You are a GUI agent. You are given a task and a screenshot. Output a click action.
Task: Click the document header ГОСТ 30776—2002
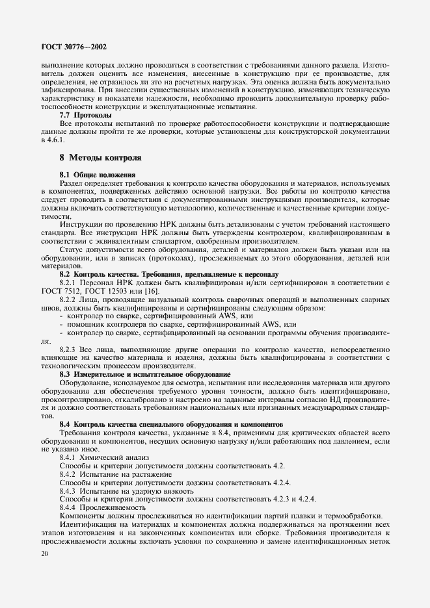[x=74, y=46]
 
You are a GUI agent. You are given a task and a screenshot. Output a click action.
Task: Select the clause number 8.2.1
[x=69, y=283]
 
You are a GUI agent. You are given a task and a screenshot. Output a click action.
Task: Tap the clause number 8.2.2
[x=69, y=300]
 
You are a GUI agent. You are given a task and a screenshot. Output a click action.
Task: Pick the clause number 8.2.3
[x=69, y=349]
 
